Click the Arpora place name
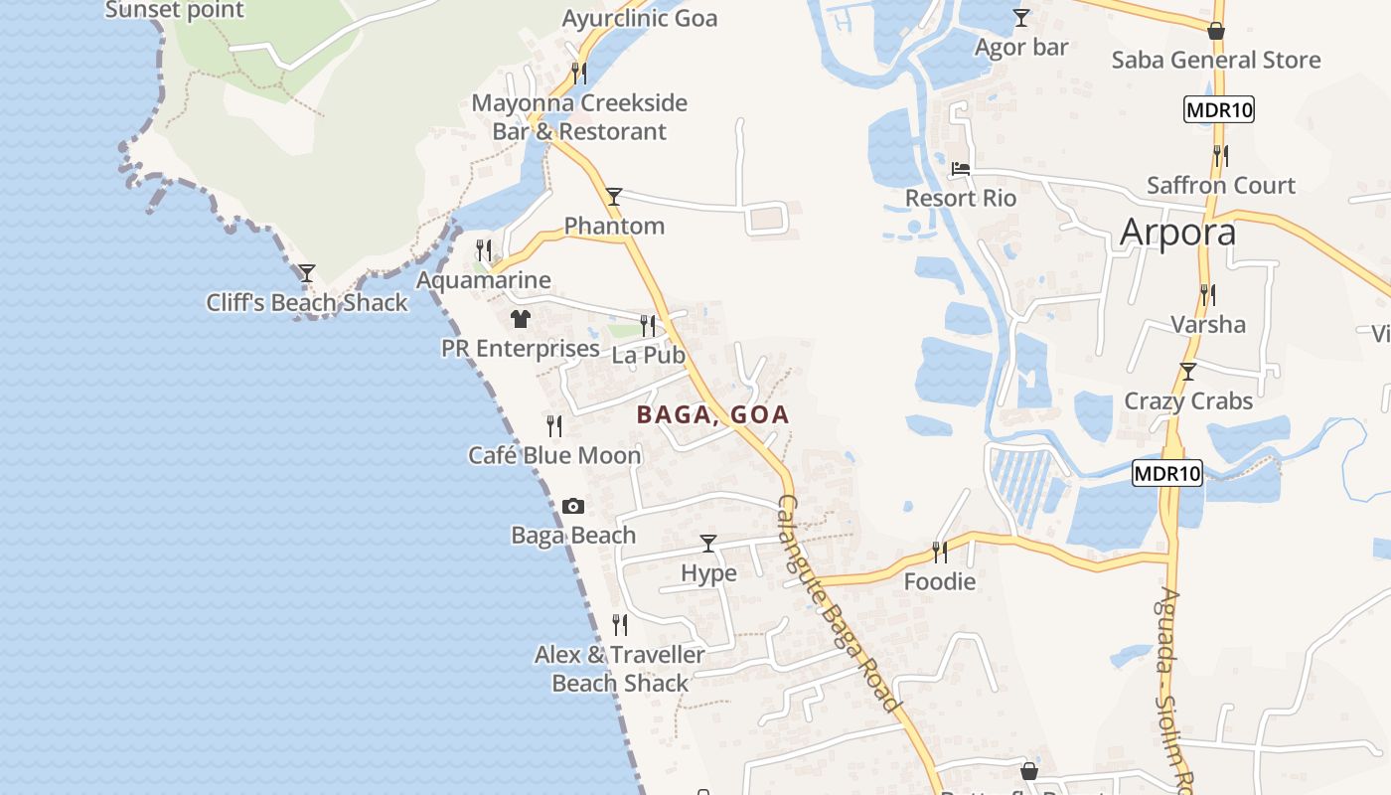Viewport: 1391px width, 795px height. pyautogui.click(x=1177, y=232)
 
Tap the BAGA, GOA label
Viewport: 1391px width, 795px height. pyautogui.click(x=713, y=414)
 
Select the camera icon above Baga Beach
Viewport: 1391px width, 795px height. pyautogui.click(x=572, y=507)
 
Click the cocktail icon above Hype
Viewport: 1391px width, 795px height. pyautogui.click(x=708, y=543)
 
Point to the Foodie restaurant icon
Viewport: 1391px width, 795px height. pyautogui.click(x=939, y=551)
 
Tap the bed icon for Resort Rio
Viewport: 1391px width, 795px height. pyautogui.click(x=960, y=169)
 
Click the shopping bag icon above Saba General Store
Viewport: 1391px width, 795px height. pyautogui.click(x=1216, y=31)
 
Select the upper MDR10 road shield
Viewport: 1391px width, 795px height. pyautogui.click(x=1219, y=109)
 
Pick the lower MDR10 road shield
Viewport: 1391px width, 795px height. pyautogui.click(x=1167, y=473)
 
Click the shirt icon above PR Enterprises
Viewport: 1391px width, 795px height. pyautogui.click(x=521, y=319)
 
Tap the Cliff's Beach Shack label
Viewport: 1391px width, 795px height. pyautogui.click(x=307, y=303)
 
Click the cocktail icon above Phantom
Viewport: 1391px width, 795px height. pyautogui.click(x=614, y=196)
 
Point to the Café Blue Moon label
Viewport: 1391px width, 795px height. pyautogui.click(x=554, y=455)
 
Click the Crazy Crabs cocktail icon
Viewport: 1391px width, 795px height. pyautogui.click(x=1187, y=372)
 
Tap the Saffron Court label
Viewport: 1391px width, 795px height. pyautogui.click(x=1221, y=185)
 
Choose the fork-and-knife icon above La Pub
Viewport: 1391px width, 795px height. pyautogui.click(x=648, y=325)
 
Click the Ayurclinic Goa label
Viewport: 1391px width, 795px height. pyautogui.click(x=640, y=18)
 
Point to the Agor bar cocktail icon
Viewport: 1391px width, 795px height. pyautogui.click(x=1021, y=18)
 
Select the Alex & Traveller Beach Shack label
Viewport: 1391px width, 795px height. pyautogui.click(x=620, y=669)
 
